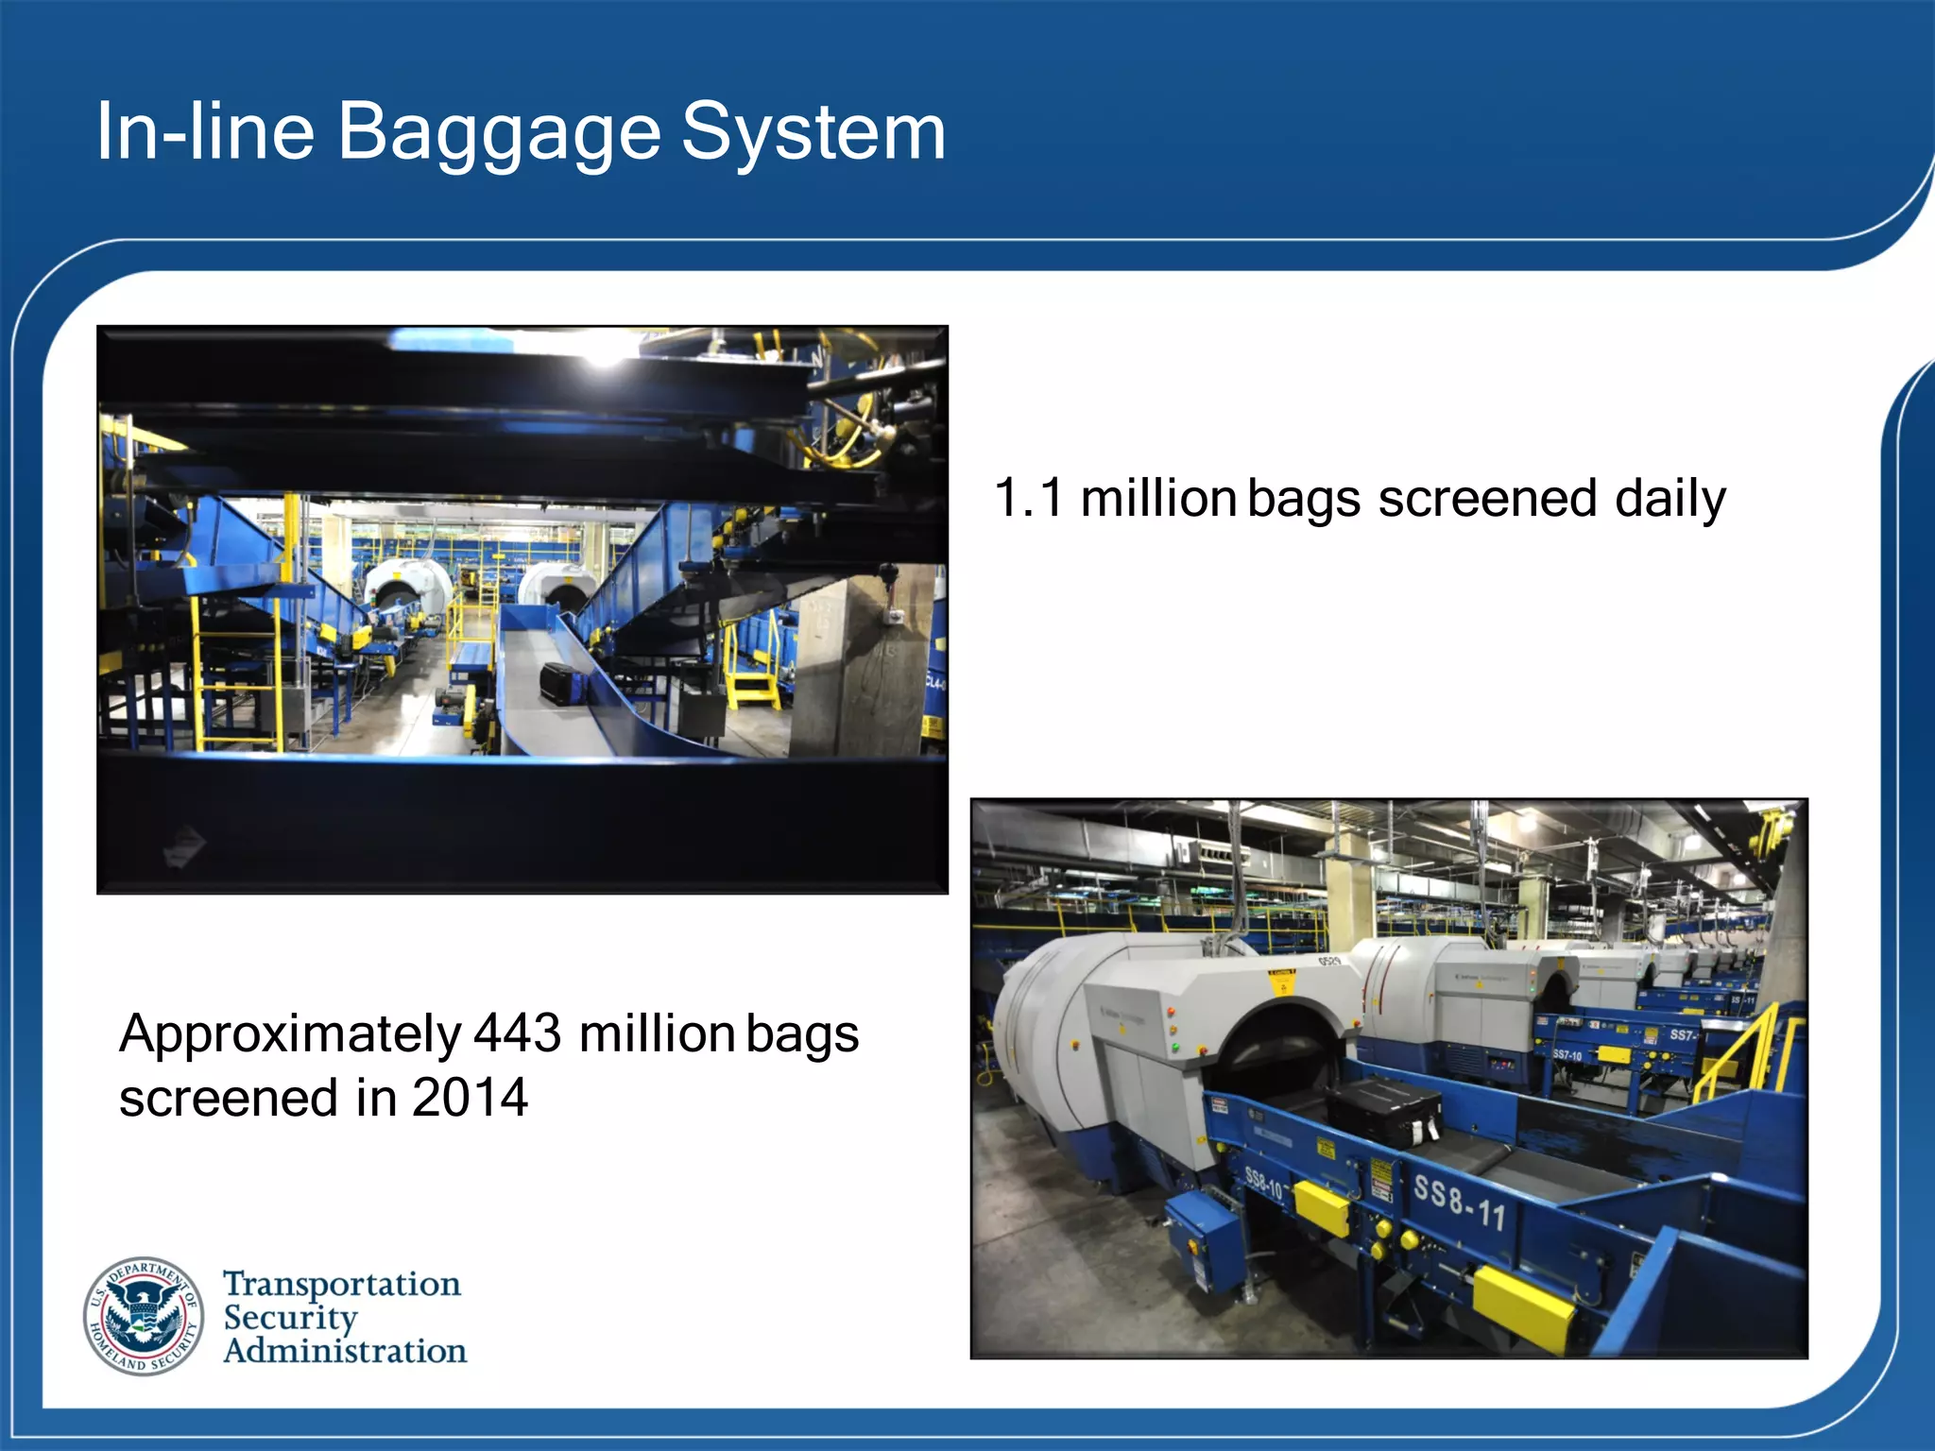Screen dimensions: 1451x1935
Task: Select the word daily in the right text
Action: tap(1670, 499)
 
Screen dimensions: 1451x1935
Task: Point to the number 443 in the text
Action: tap(517, 1033)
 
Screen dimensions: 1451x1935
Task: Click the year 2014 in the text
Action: tap(470, 1098)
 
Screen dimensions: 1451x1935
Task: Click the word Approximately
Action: tap(289, 1034)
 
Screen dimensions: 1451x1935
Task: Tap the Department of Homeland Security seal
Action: tap(144, 1316)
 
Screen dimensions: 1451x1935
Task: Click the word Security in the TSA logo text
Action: tap(290, 1317)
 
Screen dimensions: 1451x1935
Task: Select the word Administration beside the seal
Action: tap(345, 1351)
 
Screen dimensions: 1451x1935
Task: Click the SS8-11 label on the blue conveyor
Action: tap(1459, 1203)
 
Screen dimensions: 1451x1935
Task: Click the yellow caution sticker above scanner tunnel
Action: tap(1281, 982)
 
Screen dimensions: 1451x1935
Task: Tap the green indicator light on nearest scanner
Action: tap(1174, 1048)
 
